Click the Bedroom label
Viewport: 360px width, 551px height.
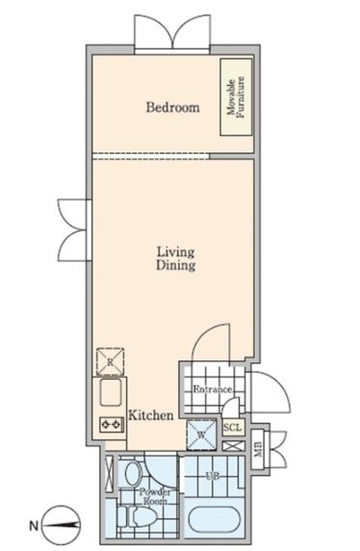(173, 107)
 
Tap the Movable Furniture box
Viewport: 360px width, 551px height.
(236, 97)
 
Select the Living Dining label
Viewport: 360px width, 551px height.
(175, 258)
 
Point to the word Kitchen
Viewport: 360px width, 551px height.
(151, 415)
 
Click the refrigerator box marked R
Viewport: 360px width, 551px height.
(111, 362)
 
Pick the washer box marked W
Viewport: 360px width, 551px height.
(201, 435)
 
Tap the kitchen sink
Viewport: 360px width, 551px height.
(111, 392)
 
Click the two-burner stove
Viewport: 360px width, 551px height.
(112, 425)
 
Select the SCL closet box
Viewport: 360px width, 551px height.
(233, 428)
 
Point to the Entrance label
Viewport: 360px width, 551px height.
(213, 389)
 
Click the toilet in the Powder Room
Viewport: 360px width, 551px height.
(137, 516)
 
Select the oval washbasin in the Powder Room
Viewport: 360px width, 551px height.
(134, 474)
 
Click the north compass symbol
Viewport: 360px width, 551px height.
(61, 525)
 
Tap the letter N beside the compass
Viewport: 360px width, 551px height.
(34, 526)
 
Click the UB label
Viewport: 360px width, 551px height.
(213, 476)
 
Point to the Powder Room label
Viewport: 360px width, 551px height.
(155, 496)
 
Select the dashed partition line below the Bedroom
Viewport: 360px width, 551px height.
(151, 156)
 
